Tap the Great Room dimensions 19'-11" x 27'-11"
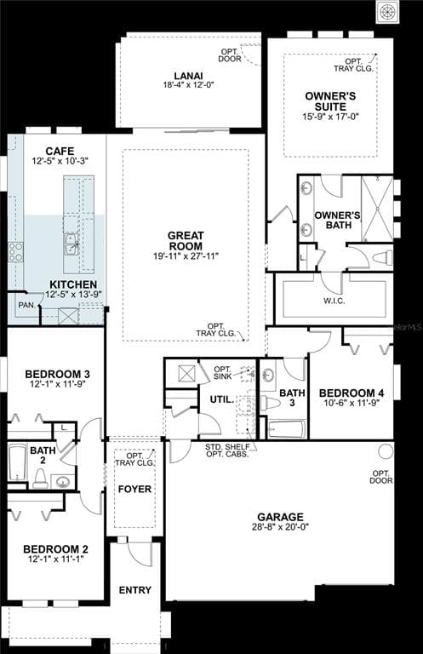point(186,255)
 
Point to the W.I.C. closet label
point(334,301)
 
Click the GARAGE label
point(280,516)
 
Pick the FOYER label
point(134,490)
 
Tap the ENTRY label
point(135,590)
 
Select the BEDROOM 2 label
point(55,548)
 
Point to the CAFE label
point(59,151)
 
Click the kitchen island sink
point(71,242)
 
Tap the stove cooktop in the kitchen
point(15,250)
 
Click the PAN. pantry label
point(26,304)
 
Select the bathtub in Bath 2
point(17,465)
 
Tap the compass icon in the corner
point(388,11)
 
